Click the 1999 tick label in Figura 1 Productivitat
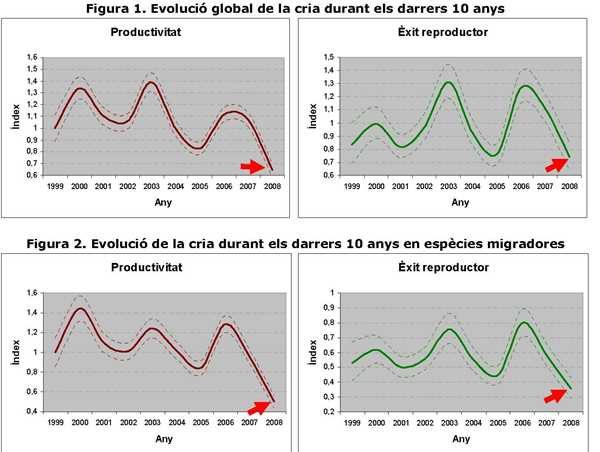pyautogui.click(x=55, y=187)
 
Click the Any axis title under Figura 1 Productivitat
pyautogui.click(x=163, y=201)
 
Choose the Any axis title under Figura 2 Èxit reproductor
pyautogui.click(x=459, y=437)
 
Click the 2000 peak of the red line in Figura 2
pyautogui.click(x=79, y=308)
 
